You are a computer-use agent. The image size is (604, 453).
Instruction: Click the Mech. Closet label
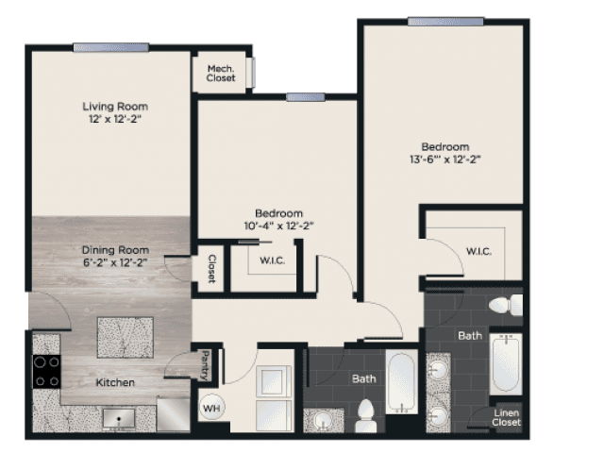[x=221, y=74]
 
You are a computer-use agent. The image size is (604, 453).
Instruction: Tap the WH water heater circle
[x=211, y=408]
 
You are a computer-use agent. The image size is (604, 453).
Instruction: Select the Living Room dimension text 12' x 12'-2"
[x=115, y=119]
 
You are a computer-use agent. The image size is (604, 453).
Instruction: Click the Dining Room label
[x=115, y=250]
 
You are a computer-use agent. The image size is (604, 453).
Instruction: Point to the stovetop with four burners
[x=46, y=372]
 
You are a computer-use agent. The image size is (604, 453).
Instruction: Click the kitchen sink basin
[x=119, y=419]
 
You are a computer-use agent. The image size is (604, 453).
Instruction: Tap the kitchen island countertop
[x=126, y=338]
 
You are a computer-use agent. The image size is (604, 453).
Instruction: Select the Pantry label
[x=206, y=364]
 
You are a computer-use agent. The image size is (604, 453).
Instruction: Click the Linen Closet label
[x=506, y=417]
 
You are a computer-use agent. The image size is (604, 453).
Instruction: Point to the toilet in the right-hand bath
[x=506, y=305]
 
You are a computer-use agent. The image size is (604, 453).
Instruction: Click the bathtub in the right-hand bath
[x=506, y=364]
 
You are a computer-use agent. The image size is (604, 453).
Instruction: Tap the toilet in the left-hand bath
[x=365, y=416]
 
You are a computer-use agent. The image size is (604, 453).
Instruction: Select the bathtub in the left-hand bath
[x=402, y=381]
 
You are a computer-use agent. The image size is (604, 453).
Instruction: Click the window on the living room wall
[x=111, y=48]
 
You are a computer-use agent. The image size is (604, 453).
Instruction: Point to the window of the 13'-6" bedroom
[x=445, y=22]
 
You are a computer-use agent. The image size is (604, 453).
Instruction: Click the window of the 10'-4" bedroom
[x=306, y=97]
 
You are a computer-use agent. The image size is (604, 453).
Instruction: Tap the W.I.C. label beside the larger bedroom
[x=478, y=252]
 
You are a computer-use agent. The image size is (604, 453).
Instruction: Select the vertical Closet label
[x=211, y=269]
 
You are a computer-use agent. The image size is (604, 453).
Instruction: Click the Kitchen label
[x=115, y=382]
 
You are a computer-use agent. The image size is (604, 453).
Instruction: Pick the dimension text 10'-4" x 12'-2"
[x=279, y=226]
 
